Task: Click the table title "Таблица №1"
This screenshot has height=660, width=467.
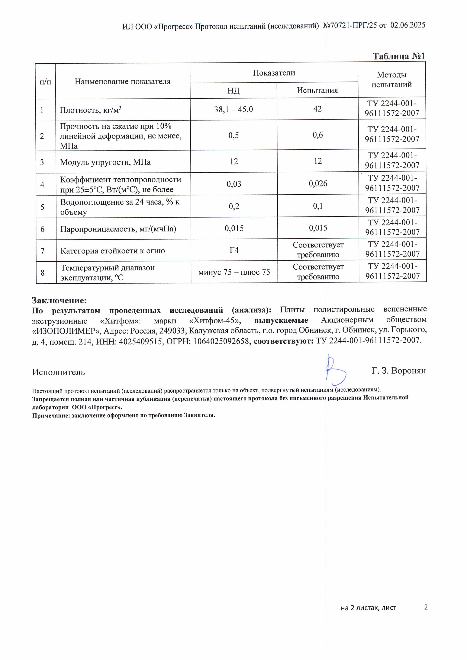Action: point(399,56)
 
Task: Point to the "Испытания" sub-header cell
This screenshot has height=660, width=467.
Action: point(317,90)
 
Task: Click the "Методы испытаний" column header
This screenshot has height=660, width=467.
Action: point(392,80)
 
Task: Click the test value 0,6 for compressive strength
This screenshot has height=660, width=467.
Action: point(317,135)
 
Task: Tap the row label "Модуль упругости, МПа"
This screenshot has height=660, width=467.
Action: point(105,162)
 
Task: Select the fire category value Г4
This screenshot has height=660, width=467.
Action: point(234,250)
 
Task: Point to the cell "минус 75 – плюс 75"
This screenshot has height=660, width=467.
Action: point(234,272)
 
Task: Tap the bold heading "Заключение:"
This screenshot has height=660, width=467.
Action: point(59,300)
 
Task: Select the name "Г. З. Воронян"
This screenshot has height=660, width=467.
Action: point(399,371)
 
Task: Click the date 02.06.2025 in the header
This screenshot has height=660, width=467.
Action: point(407,25)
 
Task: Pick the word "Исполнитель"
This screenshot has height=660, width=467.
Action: point(58,372)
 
